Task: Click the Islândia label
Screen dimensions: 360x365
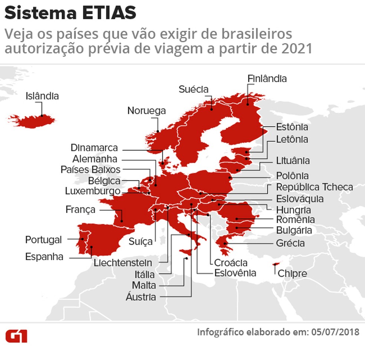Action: point(42,96)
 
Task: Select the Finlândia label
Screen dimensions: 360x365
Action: point(267,79)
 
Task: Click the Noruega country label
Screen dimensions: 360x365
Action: point(147,111)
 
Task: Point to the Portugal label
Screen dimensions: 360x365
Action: point(43,240)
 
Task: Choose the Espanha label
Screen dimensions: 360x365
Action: point(44,257)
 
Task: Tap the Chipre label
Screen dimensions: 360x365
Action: point(292,274)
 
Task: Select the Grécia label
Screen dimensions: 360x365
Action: point(290,243)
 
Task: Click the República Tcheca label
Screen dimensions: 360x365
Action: point(314,187)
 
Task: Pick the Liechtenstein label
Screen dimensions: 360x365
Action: point(123,263)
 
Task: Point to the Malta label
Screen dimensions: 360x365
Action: point(144,286)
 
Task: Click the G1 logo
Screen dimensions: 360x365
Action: point(16,335)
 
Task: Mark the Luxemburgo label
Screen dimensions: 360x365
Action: point(92,192)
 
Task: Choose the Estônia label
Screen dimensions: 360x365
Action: point(292,127)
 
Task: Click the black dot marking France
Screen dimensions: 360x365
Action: point(122,222)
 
